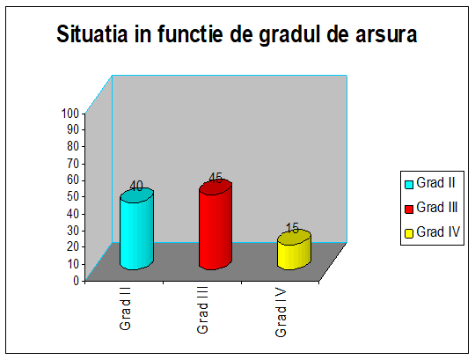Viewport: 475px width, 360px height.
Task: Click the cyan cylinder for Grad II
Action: (136, 229)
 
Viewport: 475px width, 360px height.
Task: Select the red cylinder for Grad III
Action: (216, 224)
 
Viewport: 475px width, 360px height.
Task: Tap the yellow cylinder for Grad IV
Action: (294, 250)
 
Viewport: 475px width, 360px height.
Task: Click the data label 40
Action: (136, 186)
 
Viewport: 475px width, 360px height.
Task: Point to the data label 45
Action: (216, 178)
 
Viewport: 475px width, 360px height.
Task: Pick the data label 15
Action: (293, 228)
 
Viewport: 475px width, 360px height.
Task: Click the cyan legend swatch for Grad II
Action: (409, 185)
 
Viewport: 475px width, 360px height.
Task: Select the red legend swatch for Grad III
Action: (409, 209)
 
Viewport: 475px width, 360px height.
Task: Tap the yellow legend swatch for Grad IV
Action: (409, 233)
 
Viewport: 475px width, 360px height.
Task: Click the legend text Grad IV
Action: (438, 231)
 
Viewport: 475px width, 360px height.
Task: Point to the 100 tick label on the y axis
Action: (70, 114)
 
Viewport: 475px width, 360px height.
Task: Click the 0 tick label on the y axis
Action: (76, 281)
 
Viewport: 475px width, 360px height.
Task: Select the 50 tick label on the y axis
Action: (73, 197)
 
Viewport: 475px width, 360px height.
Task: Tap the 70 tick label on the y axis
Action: (73, 164)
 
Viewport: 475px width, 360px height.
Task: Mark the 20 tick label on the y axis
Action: (73, 247)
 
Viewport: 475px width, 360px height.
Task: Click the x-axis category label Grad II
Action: (125, 308)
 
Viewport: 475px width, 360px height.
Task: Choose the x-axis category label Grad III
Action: (202, 310)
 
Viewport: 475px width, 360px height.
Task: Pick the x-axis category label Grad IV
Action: (281, 312)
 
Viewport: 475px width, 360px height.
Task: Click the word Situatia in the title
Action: (92, 33)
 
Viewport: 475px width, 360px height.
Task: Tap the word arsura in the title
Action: (386, 34)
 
